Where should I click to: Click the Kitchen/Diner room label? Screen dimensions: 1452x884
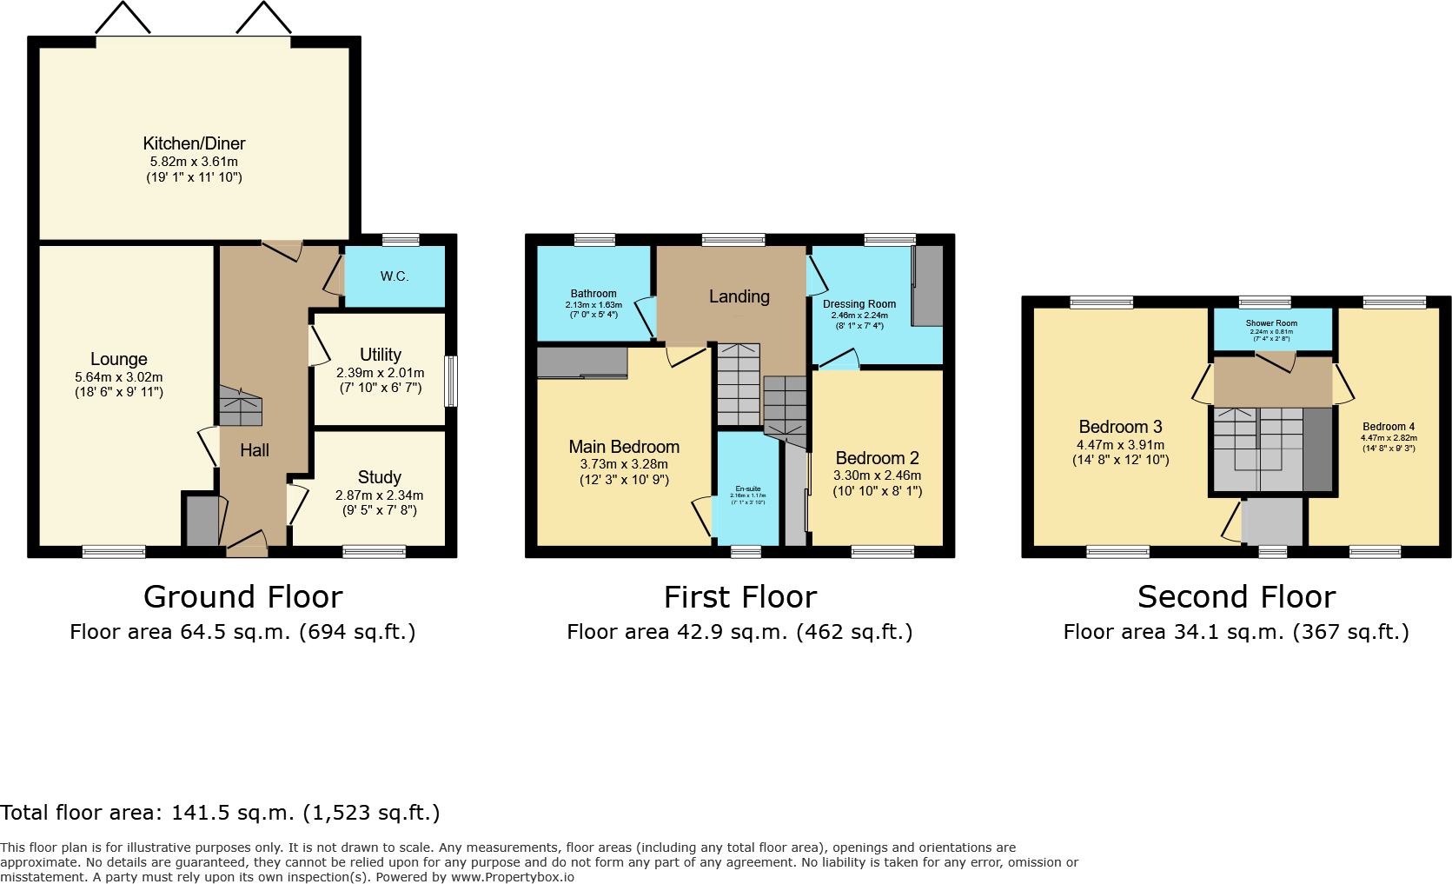point(194,143)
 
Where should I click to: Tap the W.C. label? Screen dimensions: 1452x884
point(394,276)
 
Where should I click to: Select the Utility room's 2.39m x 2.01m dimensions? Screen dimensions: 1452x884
point(381,373)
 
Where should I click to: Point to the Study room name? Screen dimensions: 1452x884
point(380,477)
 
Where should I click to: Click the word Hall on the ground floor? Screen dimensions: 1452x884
point(255,450)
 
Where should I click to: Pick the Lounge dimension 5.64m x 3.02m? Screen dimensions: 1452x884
point(119,377)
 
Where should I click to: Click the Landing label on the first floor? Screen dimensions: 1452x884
point(739,296)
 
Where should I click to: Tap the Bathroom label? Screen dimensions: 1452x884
point(593,294)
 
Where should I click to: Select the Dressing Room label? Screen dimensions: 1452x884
point(859,304)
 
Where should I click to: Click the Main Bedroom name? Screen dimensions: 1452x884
point(624,447)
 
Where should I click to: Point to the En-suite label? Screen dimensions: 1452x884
point(747,489)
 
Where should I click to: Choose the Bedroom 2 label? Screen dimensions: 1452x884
point(877,458)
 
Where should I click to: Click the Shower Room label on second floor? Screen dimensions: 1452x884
point(1271,323)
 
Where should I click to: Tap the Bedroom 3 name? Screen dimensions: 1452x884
point(1120,427)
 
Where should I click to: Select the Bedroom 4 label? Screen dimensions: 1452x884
point(1389,427)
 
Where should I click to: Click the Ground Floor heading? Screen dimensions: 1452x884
point(243,597)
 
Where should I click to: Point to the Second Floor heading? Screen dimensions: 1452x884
point(1236,597)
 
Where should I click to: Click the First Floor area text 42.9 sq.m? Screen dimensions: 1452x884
point(739,632)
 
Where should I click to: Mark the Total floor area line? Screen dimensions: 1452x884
point(220,813)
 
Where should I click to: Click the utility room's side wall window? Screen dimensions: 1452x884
point(451,381)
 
